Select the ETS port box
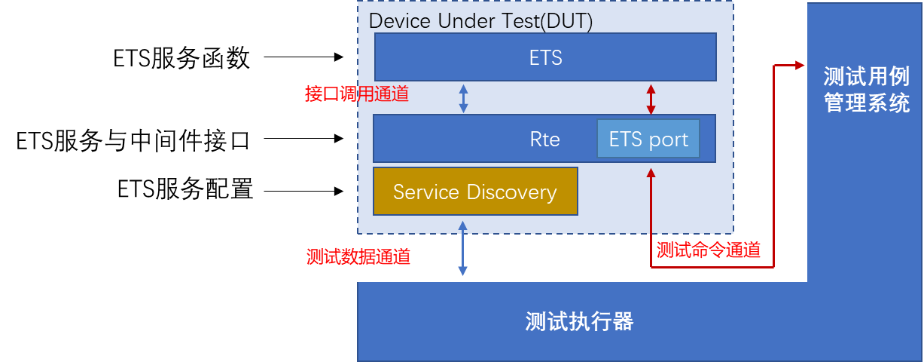tap(648, 139)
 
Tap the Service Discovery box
tap(475, 192)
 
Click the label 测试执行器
tap(579, 322)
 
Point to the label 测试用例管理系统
tap(866, 90)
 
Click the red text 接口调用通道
tap(357, 94)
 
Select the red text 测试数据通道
tap(358, 256)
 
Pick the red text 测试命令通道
tap(708, 250)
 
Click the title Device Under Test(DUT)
tap(480, 21)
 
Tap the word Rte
tap(544, 140)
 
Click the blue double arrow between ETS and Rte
tap(464, 98)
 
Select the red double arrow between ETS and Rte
tap(651, 98)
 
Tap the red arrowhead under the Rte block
tap(651, 173)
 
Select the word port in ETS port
tap(669, 140)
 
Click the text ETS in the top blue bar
tap(545, 58)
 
